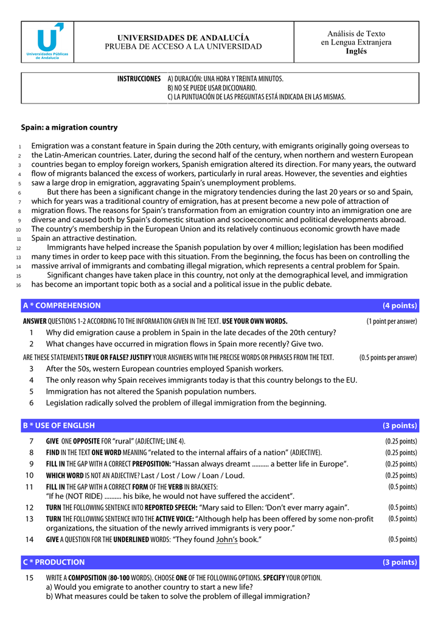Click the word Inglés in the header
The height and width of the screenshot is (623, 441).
pos(356,51)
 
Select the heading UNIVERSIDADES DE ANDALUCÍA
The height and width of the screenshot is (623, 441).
pos(183,38)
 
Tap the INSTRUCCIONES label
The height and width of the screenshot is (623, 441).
pos(139,79)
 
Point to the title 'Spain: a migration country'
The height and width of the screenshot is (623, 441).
pos(69,128)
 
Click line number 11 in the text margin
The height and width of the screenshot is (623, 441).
pos(19,239)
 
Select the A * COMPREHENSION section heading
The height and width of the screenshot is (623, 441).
pos(62,305)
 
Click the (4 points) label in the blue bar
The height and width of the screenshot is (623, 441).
pos(399,305)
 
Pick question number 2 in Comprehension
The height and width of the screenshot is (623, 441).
pos(31,344)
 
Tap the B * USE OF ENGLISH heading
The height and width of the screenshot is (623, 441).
pos(59,425)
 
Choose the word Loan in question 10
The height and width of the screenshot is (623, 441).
pos(209,475)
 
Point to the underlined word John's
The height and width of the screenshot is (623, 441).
pos(227,540)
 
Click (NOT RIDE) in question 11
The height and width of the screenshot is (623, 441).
pos(84,496)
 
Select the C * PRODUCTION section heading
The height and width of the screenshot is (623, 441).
pos(54,562)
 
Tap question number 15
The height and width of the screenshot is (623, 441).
pos(29,577)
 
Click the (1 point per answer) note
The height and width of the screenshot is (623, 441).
pos(391,322)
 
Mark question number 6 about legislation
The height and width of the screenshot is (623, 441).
pos(31,403)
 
